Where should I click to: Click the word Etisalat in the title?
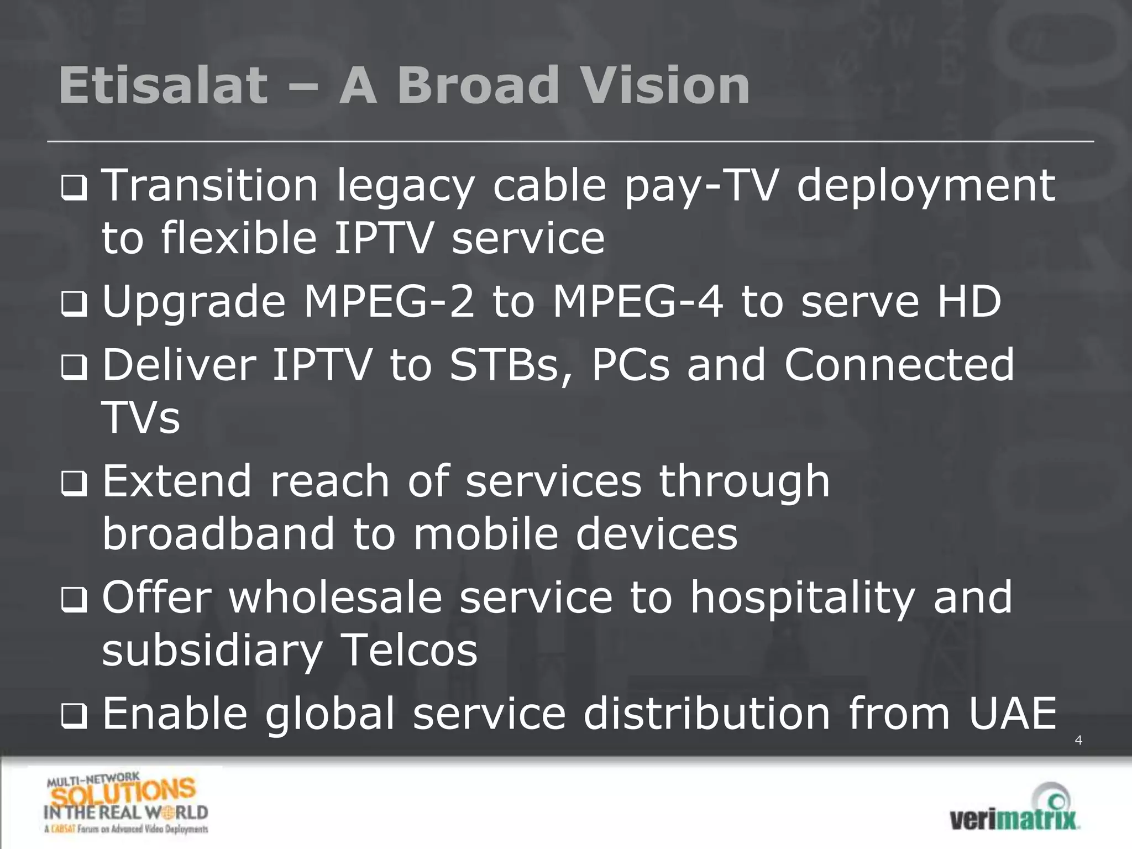point(164,86)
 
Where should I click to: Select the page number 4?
point(1078,740)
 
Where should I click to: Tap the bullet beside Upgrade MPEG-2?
point(74,305)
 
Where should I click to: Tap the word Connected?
point(899,365)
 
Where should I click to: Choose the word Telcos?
point(409,651)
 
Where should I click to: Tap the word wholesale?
point(336,598)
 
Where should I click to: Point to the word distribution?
point(707,714)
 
